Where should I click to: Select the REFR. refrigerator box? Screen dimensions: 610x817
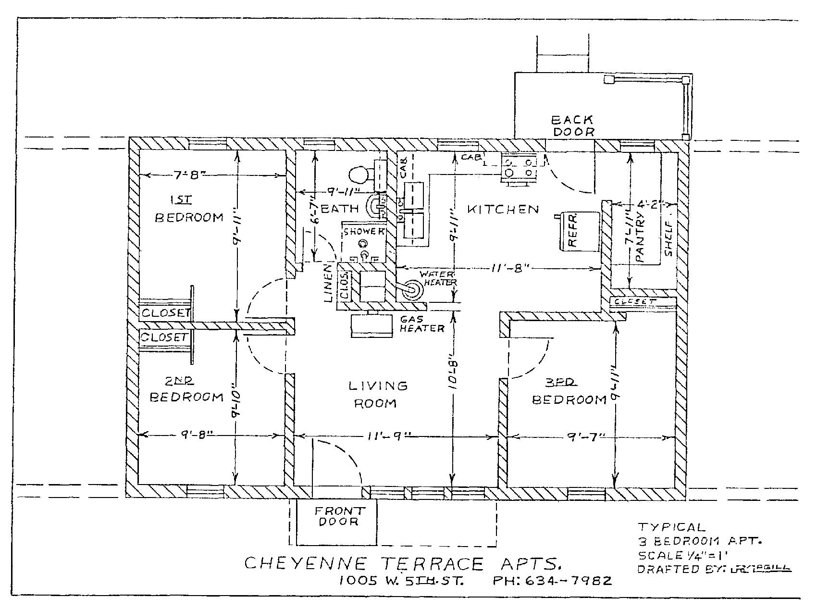click(579, 232)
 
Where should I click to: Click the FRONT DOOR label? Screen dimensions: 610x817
click(339, 516)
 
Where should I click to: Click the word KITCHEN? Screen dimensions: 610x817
click(503, 209)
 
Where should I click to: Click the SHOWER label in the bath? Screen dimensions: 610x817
click(364, 231)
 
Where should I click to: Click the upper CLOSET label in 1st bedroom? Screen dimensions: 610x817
click(164, 312)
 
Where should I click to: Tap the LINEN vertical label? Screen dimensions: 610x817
click(329, 283)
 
